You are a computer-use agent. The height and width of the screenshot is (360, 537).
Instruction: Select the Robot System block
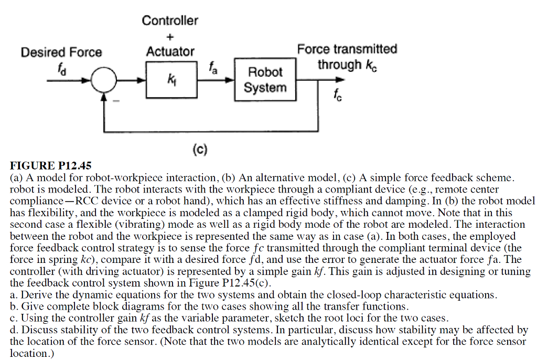(x=265, y=80)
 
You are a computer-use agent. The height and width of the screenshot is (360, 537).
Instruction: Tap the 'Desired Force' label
(x=61, y=52)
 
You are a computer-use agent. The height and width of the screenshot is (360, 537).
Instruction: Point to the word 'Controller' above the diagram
(x=170, y=21)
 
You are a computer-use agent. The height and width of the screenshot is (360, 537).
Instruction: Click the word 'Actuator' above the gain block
(x=170, y=52)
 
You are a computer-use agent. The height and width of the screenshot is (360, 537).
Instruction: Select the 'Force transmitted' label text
(x=347, y=49)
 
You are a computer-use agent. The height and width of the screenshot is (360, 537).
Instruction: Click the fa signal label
(x=211, y=67)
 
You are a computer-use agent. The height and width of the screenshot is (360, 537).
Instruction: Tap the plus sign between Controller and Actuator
(x=170, y=36)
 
